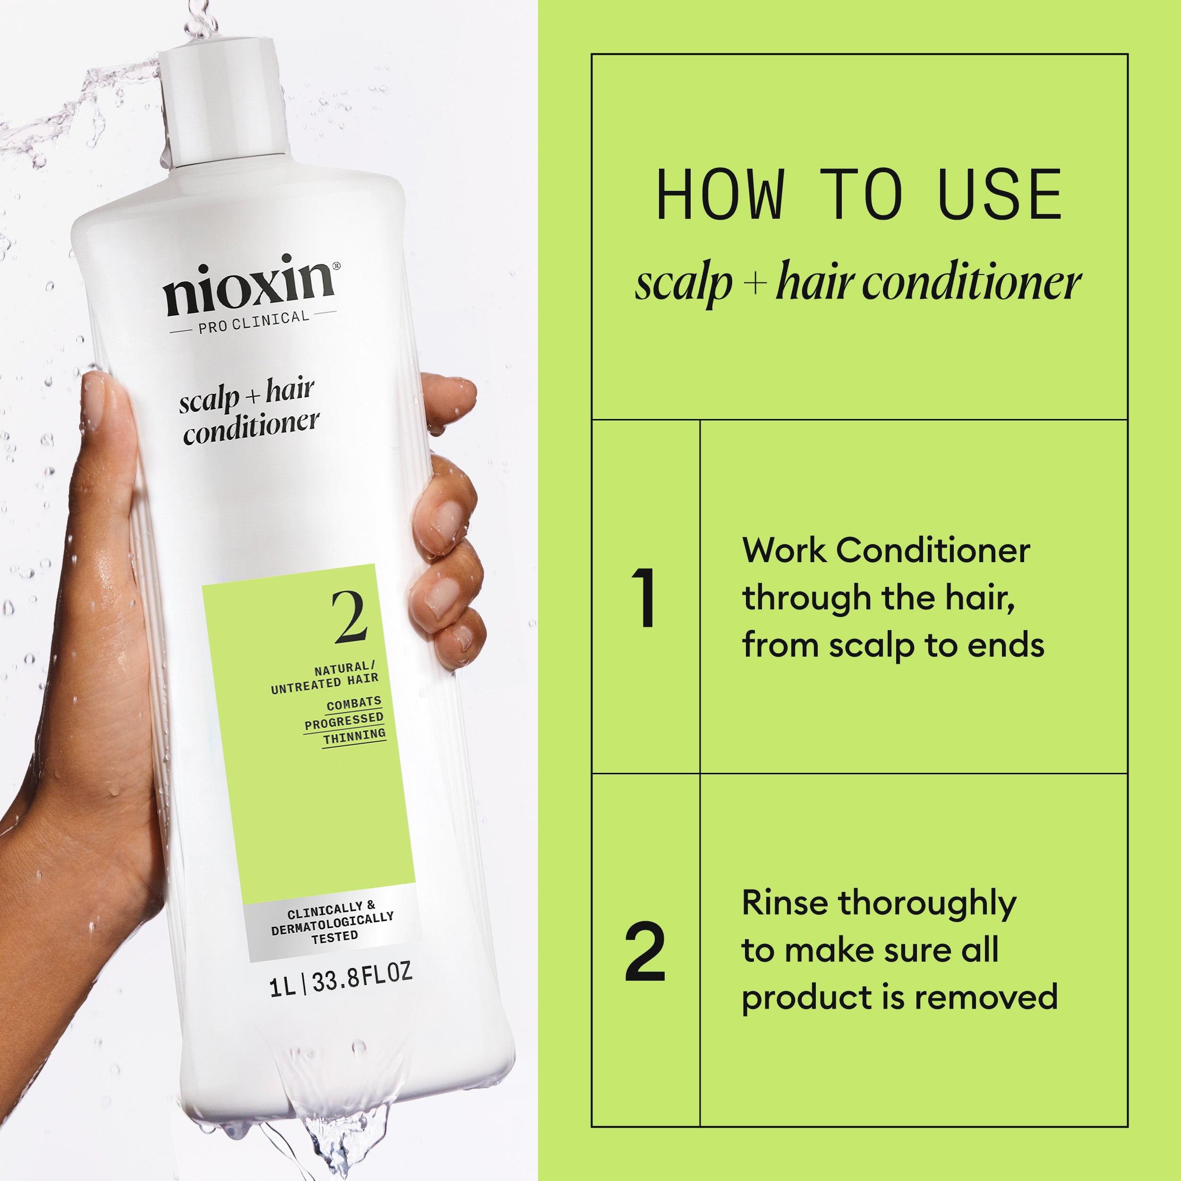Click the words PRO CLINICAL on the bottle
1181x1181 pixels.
pos(254,322)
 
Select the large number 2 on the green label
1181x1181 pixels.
pos(350,617)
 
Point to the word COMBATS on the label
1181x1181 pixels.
pos(353,703)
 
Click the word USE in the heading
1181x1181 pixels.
pos(1000,195)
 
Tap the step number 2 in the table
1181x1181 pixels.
pos(645,952)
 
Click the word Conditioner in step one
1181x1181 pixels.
pos(933,550)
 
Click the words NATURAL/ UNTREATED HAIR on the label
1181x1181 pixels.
pos(325,677)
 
